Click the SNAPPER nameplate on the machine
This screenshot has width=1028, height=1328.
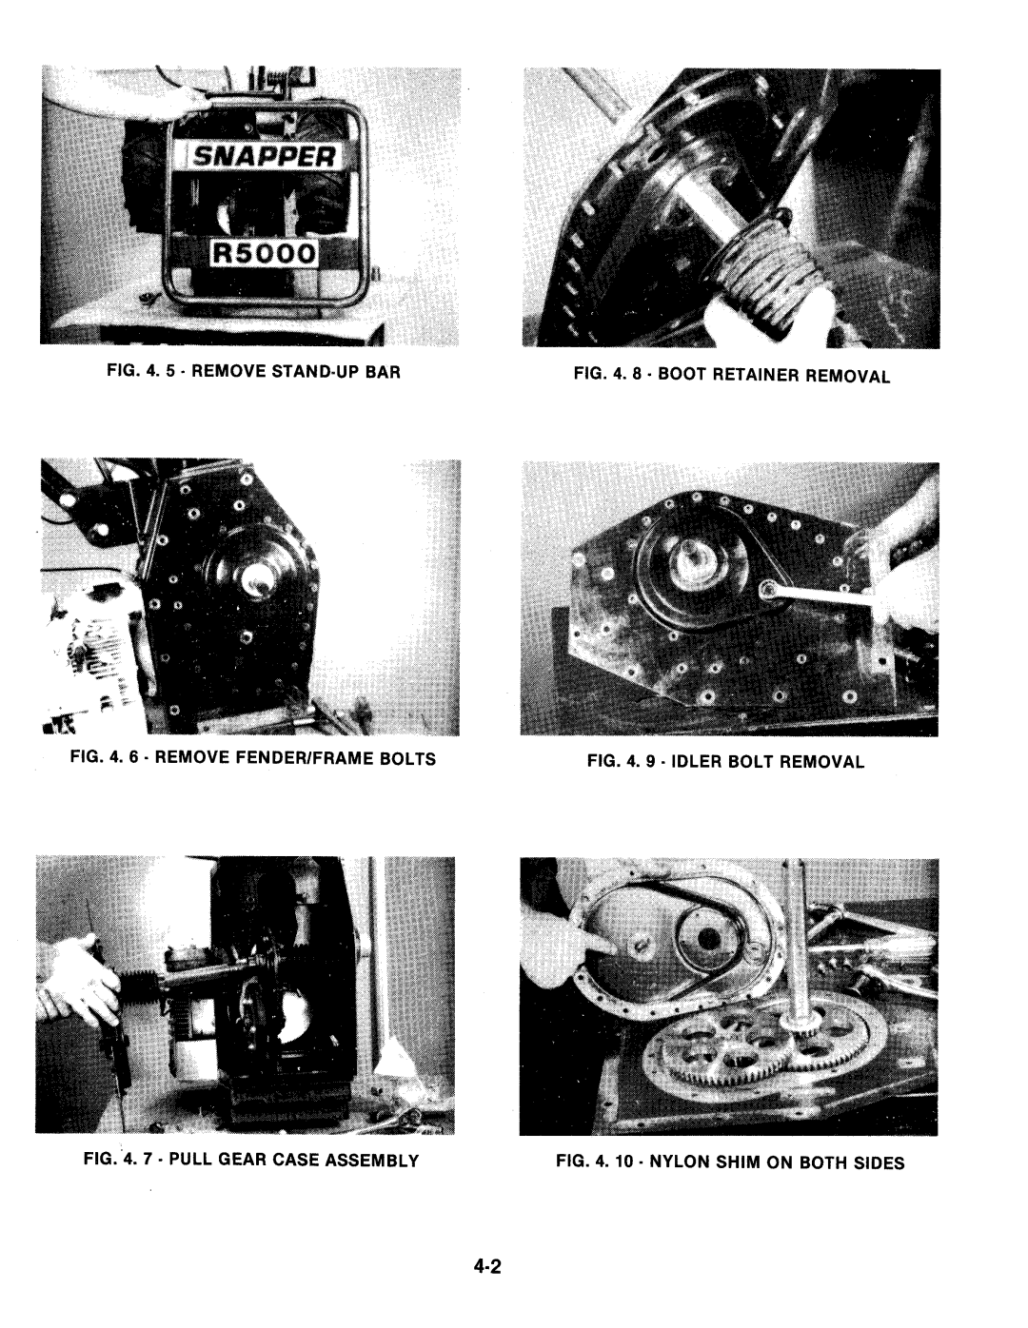pos(264,156)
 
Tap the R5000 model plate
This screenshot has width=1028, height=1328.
pos(264,252)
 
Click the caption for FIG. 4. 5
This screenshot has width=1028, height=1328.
pos(253,371)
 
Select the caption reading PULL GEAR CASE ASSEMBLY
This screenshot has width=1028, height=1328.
pos(293,1160)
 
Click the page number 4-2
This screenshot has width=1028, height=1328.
pos(487,1267)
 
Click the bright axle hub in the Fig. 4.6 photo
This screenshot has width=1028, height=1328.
pos(261,577)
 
